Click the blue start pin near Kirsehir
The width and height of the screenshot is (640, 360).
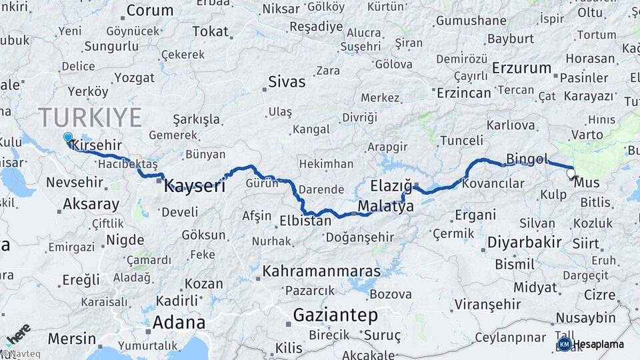(67, 138)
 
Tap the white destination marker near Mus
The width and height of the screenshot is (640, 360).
(571, 174)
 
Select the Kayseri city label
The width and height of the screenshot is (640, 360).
(195, 186)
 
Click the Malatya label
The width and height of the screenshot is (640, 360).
(385, 207)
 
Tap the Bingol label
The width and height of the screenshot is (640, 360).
(527, 159)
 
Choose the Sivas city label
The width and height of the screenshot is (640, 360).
(287, 82)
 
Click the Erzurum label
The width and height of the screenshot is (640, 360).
(521, 68)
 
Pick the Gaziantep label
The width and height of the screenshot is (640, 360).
(335, 315)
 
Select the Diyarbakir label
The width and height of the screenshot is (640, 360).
(524, 242)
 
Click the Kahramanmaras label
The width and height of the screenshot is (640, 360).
(321, 271)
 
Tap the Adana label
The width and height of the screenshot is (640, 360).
(179, 323)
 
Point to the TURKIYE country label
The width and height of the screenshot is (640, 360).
(90, 117)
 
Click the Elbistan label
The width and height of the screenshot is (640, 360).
(305, 220)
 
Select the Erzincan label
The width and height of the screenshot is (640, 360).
(463, 93)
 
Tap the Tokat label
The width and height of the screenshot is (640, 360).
(210, 31)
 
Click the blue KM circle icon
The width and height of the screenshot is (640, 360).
(564, 344)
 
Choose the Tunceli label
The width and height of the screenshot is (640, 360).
(462, 140)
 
